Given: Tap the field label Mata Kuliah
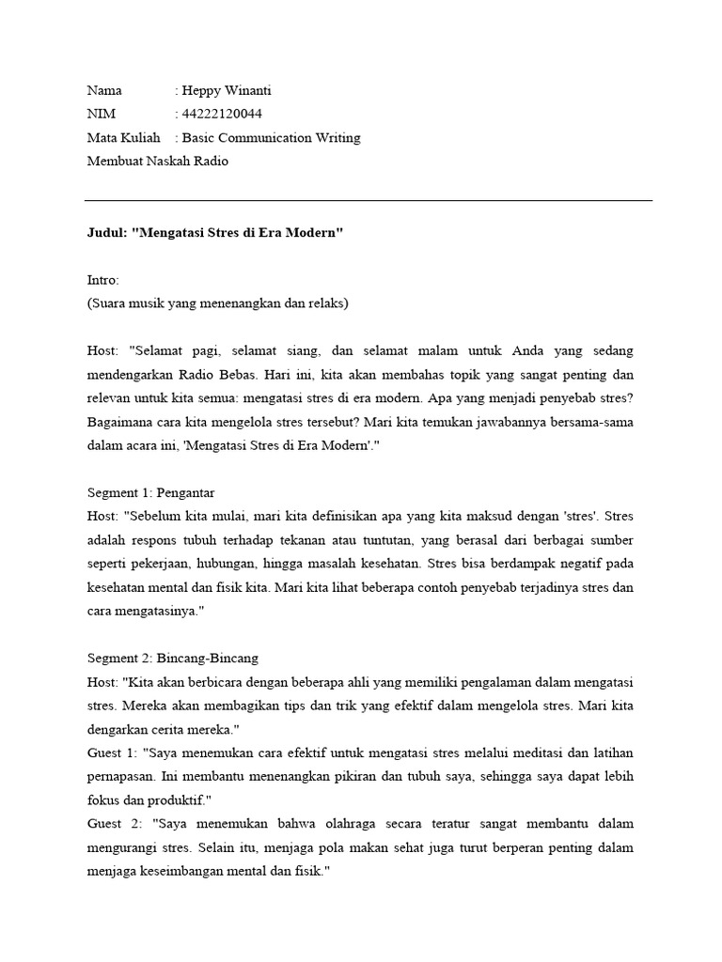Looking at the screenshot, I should [123, 138].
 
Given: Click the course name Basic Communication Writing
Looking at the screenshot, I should [271, 138].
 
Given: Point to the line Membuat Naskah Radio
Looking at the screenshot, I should [157, 161].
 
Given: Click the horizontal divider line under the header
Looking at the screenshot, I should [368, 200].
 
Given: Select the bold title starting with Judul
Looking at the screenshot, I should [215, 233].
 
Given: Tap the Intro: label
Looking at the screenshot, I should [103, 280].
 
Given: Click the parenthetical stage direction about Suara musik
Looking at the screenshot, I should [217, 303].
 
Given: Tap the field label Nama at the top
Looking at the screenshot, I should [104, 91].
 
